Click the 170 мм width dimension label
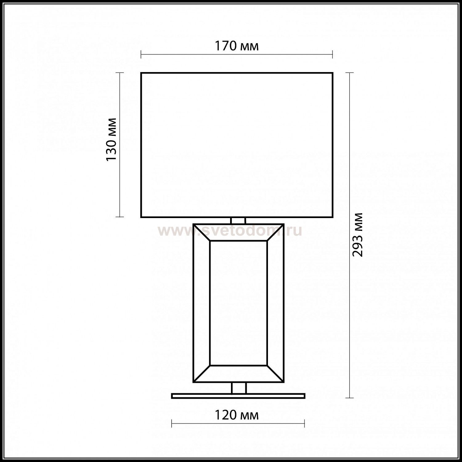[x=237, y=46]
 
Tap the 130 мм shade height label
[x=111, y=139]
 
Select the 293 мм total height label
[x=358, y=235]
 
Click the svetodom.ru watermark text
[x=230, y=231]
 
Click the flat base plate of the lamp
[x=238, y=396]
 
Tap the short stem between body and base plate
[x=239, y=388]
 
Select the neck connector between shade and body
[x=238, y=221]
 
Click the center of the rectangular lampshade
[x=237, y=145]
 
